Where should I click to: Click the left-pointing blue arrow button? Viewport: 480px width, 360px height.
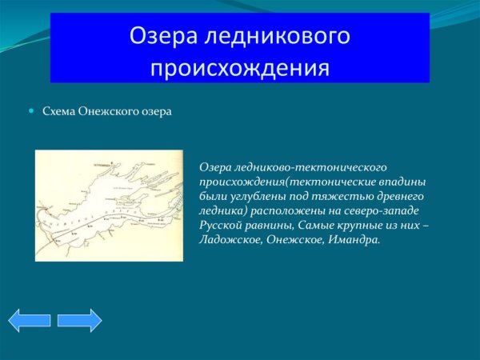30,320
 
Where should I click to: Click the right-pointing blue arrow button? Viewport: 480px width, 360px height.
79,320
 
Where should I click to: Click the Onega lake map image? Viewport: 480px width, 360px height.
109,205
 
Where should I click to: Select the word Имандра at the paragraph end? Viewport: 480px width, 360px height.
351,239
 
